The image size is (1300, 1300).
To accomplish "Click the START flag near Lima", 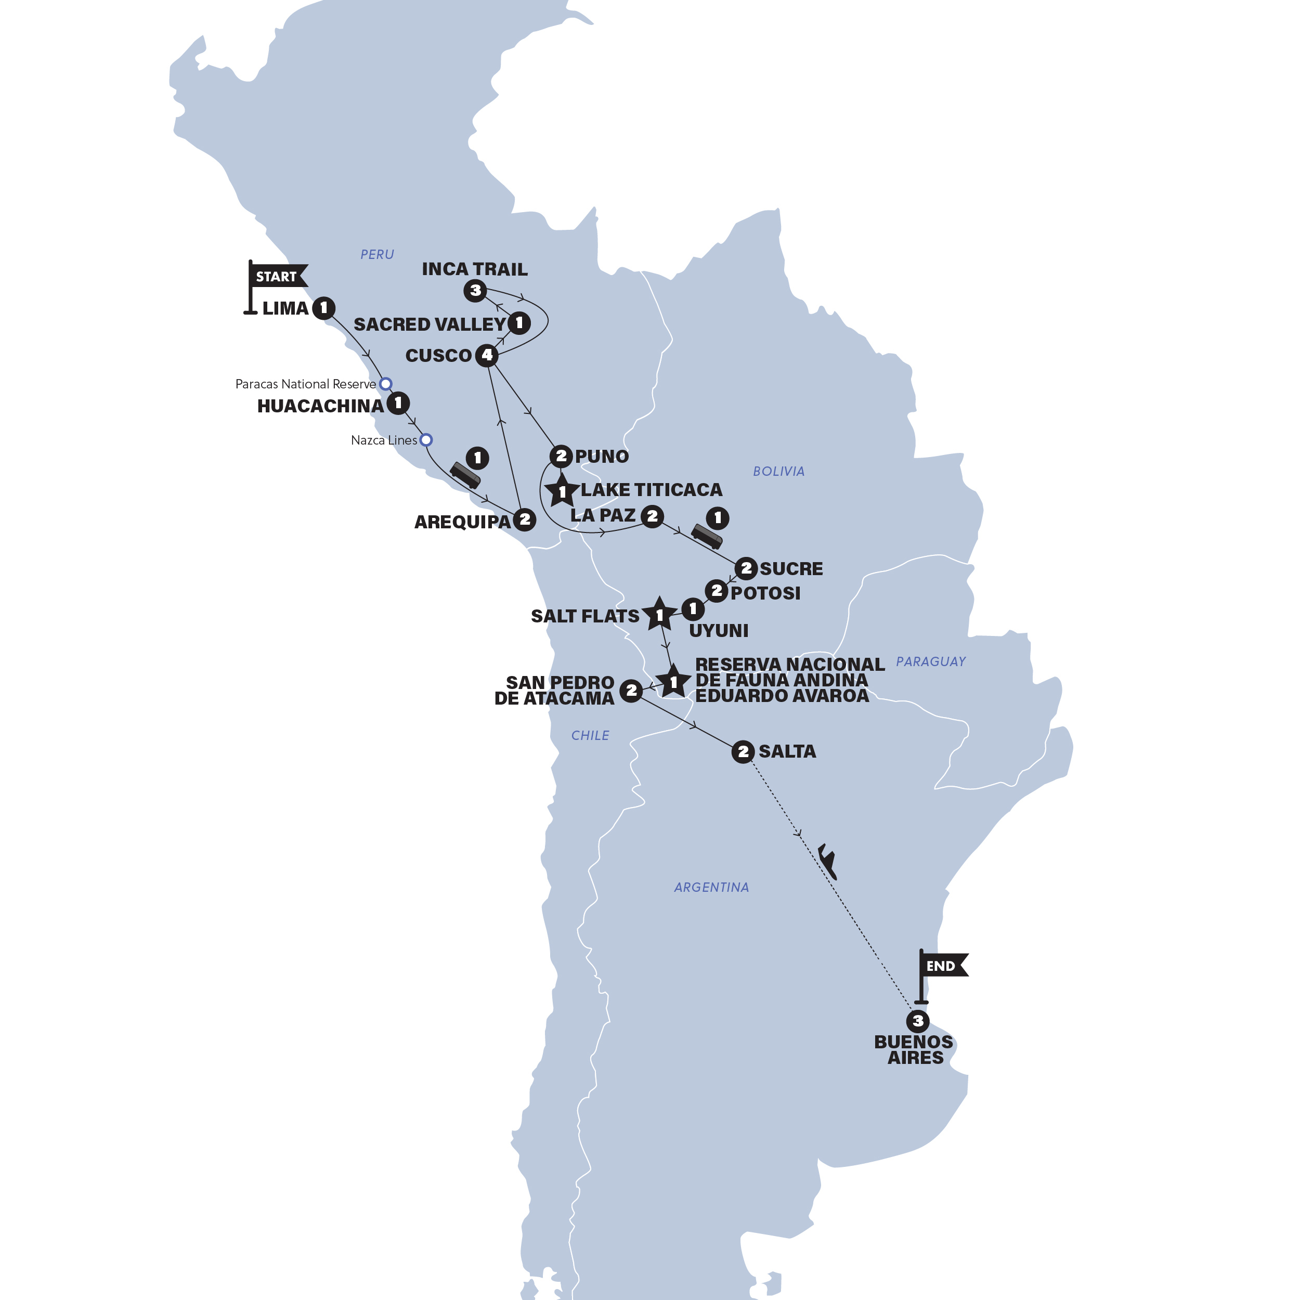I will [x=277, y=277].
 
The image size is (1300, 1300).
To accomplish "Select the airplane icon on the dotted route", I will [x=828, y=863].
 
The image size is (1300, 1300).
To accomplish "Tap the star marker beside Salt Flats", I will [x=659, y=614].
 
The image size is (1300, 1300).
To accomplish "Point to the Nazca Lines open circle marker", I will [x=426, y=440].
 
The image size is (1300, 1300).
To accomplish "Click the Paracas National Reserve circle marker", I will [x=385, y=384].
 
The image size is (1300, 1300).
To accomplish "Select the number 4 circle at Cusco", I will [x=487, y=355].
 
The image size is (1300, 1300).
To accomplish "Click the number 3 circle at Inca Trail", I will [x=475, y=291].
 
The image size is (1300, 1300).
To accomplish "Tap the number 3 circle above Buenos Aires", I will [x=918, y=1021].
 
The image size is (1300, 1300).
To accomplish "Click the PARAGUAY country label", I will [x=931, y=661].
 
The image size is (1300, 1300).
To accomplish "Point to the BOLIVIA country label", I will [x=778, y=471].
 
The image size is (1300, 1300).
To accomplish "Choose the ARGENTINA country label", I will [x=711, y=887].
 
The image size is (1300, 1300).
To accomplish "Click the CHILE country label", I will [x=590, y=735].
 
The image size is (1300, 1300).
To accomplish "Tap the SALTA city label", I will [x=787, y=751].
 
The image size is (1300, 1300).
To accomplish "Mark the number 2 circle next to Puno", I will [x=561, y=456].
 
